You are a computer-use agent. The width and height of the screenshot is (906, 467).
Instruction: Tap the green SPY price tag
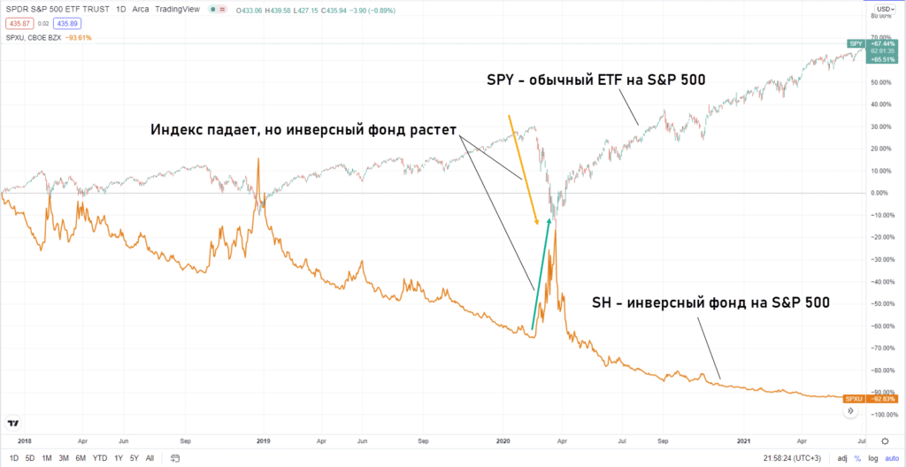(x=856, y=43)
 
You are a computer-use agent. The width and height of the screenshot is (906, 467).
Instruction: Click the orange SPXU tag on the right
(x=854, y=399)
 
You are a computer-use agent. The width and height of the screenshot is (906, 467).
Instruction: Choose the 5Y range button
(x=133, y=457)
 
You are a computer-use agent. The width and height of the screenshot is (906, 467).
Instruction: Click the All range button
(x=150, y=457)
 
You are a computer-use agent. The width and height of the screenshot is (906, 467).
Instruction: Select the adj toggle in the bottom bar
(x=841, y=457)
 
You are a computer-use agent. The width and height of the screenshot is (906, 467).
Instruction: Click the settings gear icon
(x=885, y=440)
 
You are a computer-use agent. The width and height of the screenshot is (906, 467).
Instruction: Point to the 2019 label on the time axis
(x=263, y=440)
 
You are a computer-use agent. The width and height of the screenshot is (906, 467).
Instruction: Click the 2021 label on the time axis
(x=744, y=440)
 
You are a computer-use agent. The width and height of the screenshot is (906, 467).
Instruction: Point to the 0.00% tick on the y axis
(x=879, y=193)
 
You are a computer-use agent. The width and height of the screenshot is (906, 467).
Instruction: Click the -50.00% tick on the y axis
(x=879, y=303)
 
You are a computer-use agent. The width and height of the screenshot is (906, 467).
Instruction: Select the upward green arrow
(x=541, y=274)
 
